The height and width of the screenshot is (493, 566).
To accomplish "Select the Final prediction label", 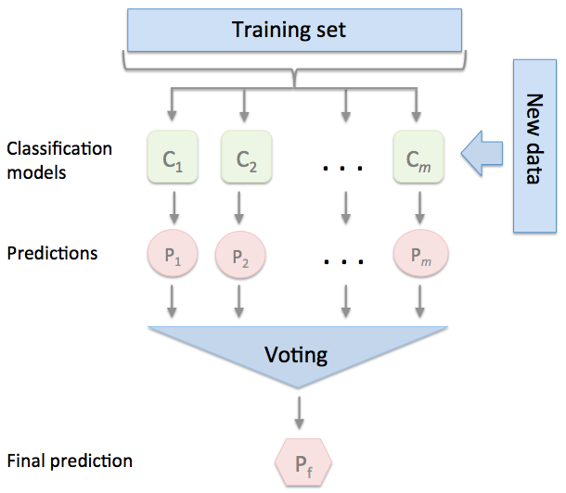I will point(69,461).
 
